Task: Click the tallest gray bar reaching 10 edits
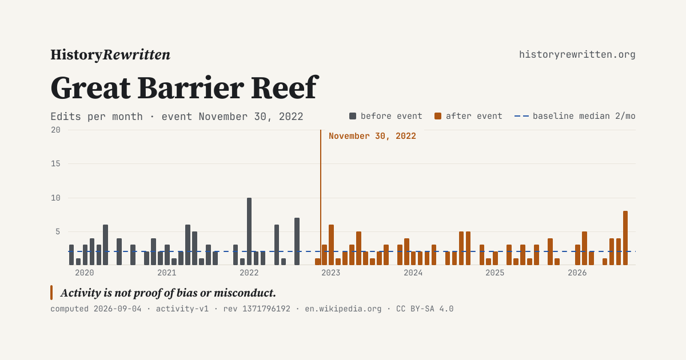click(249, 231)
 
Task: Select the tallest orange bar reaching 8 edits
click(625, 238)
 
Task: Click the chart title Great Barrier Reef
click(185, 88)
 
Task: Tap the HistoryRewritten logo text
click(110, 55)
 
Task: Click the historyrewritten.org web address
click(577, 54)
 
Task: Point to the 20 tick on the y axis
click(56, 130)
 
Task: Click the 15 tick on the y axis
click(56, 164)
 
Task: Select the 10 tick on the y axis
click(56, 198)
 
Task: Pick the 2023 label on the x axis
click(331, 273)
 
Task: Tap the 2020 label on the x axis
click(85, 273)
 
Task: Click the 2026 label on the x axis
click(577, 273)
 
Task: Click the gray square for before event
click(353, 116)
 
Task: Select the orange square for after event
click(438, 116)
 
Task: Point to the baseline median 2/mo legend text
click(584, 116)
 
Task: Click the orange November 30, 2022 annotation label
click(372, 136)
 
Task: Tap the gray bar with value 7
click(297, 241)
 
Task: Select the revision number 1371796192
click(266, 309)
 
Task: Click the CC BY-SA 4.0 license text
click(425, 309)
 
